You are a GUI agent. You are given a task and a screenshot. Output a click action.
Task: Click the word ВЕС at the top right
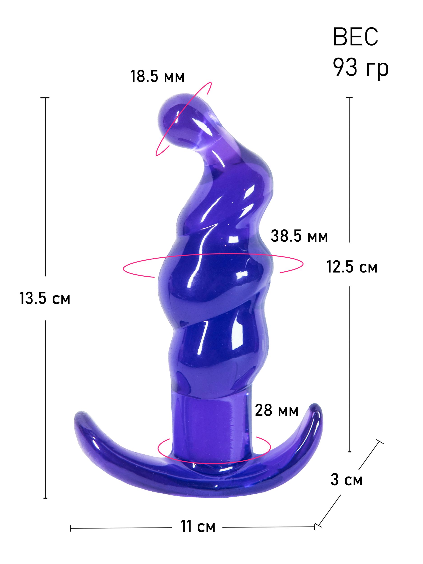coord(355,37)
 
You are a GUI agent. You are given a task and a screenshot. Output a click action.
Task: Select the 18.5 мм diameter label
coord(157,76)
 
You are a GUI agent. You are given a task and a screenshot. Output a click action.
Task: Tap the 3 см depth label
coord(347,480)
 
